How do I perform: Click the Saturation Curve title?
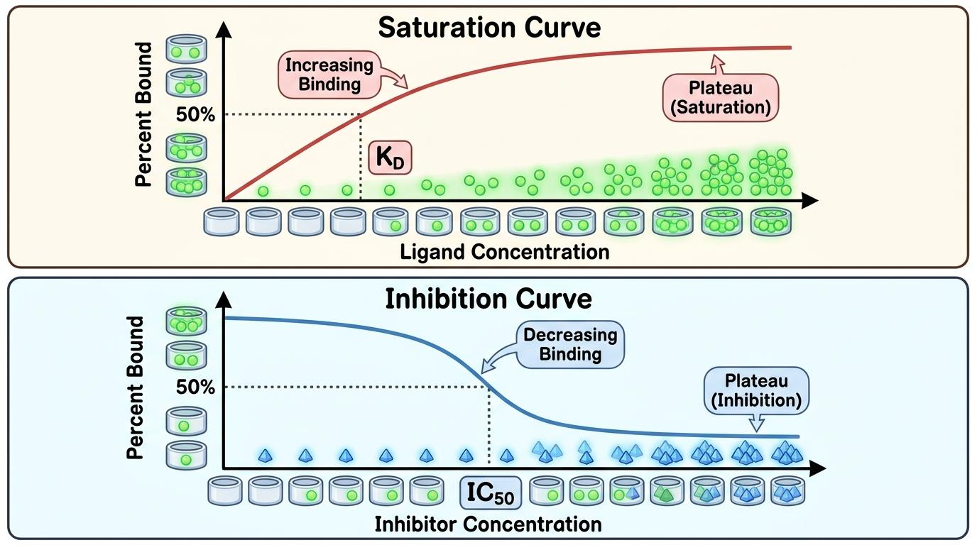coord(489,28)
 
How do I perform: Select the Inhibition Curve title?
coord(488,299)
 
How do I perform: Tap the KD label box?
coord(390,158)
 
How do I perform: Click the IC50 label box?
coord(491,492)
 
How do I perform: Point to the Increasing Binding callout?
coord(329,75)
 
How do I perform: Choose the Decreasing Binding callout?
coord(570,344)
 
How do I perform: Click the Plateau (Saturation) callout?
coord(721,98)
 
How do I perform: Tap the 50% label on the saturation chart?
coord(195,115)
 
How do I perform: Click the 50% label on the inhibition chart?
coord(195,387)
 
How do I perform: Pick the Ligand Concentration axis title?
coord(505,252)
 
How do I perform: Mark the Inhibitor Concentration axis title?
coord(488,524)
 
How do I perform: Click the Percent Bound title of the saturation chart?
coord(143,114)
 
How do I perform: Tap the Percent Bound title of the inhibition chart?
coord(135,387)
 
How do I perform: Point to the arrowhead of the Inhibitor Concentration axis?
coord(818,468)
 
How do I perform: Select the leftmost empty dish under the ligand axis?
coord(222,221)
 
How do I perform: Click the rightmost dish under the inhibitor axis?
coord(787,490)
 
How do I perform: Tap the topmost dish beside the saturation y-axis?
coord(186,49)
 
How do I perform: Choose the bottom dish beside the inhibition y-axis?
coord(186,455)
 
